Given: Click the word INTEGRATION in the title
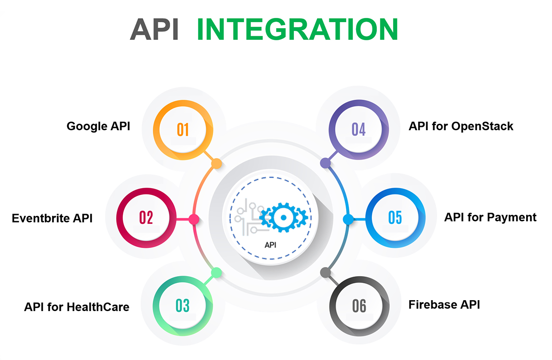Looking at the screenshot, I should click(297, 30).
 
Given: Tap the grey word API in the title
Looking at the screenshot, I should click(154, 30).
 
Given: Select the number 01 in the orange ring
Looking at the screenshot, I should click(183, 130).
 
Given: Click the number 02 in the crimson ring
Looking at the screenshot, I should click(146, 218).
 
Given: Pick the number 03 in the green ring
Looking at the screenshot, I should click(182, 306).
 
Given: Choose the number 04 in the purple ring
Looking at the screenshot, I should click(358, 130).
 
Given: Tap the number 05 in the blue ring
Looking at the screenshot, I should click(395, 218).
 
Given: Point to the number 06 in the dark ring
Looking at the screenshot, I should click(359, 306).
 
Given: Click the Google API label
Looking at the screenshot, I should click(98, 126).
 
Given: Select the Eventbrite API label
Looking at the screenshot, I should click(52, 218).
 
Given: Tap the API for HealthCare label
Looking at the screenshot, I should click(77, 307).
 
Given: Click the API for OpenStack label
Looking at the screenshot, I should click(461, 126).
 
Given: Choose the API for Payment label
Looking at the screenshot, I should click(490, 217).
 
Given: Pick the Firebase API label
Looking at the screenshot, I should click(444, 304).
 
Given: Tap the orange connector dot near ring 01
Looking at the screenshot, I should click(217, 164).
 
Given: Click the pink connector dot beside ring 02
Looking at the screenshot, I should click(194, 219).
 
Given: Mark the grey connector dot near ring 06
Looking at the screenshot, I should click(325, 272).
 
